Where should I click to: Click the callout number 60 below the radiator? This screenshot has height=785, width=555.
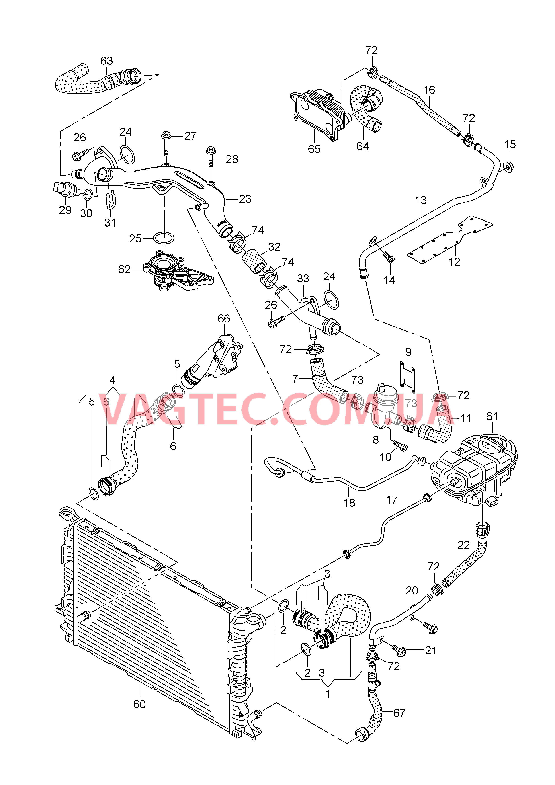click(x=139, y=704)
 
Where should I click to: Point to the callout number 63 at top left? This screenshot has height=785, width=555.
click(x=106, y=61)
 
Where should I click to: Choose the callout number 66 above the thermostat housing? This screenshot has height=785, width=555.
click(x=224, y=319)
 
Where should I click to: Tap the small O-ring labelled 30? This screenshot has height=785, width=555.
click(x=88, y=195)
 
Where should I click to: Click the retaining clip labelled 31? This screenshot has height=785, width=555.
click(x=110, y=201)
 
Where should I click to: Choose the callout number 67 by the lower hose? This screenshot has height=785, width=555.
click(x=399, y=713)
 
